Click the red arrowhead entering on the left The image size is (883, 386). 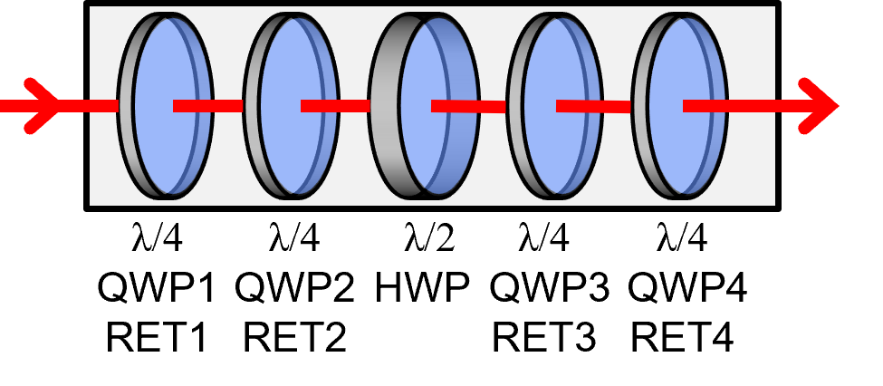(45, 106)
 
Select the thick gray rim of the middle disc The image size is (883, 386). (384, 136)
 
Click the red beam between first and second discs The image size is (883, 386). (208, 106)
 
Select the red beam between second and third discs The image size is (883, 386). (335, 106)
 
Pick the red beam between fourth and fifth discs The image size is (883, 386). (593, 107)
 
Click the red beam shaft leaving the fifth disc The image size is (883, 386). (743, 106)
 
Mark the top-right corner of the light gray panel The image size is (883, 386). (774, 7)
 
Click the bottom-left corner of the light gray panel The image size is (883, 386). (91, 205)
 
